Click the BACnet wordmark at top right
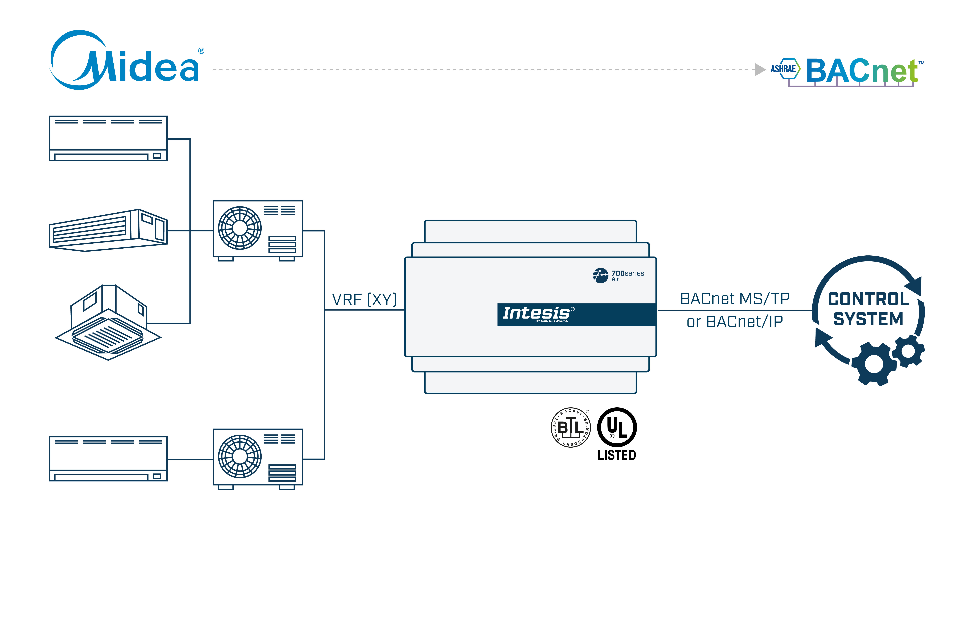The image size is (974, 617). pos(862,71)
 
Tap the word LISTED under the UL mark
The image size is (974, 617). pos(617,455)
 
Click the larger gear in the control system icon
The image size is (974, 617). pos(874,364)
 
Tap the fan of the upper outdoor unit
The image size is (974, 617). pos(240,228)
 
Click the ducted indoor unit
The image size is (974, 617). pos(108,231)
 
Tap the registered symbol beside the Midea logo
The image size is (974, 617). pos(201,51)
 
